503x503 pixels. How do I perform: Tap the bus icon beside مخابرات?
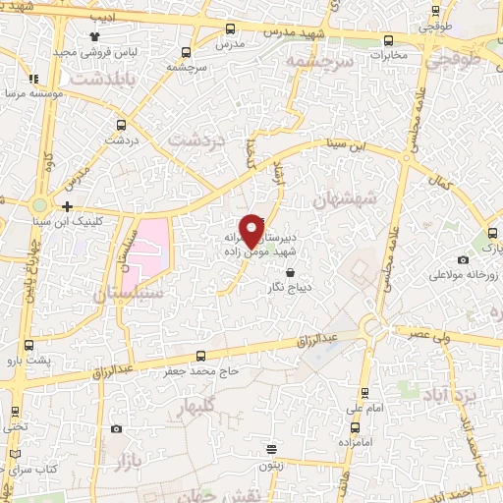(390, 40)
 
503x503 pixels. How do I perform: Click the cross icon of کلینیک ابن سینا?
(67, 206)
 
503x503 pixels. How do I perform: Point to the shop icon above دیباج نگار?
(289, 272)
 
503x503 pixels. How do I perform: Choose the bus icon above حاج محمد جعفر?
(201, 356)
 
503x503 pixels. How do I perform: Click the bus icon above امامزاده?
(355, 428)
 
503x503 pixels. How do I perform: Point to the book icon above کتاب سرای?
(15, 454)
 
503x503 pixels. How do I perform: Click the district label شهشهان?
(346, 199)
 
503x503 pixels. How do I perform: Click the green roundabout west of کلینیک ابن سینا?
(39, 205)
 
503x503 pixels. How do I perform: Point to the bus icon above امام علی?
(352, 390)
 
